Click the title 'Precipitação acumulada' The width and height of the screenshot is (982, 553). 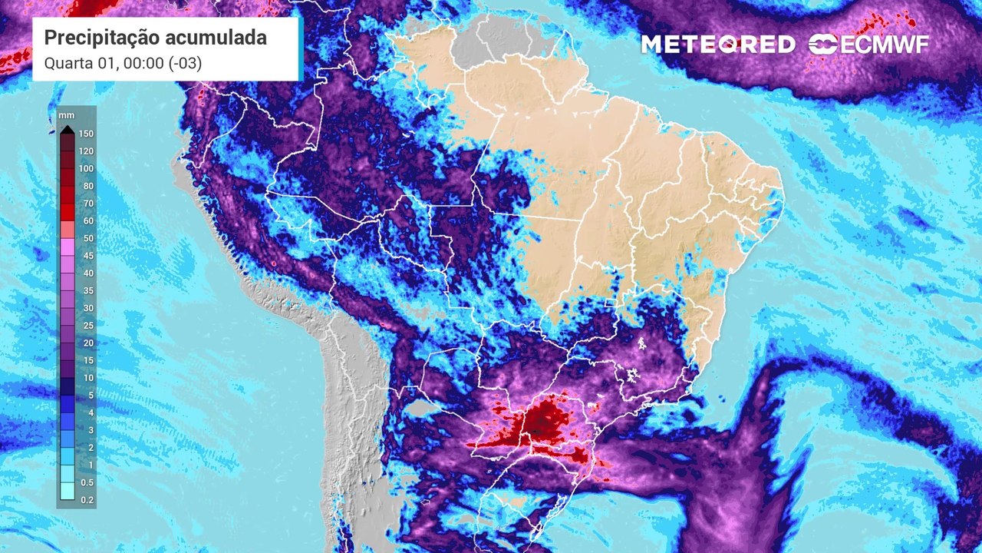pyautogui.click(x=155, y=38)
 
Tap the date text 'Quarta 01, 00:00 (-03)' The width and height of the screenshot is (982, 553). pyautogui.click(x=123, y=64)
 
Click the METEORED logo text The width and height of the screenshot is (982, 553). pyautogui.click(x=718, y=45)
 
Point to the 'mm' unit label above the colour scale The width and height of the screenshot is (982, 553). pyautogui.click(x=66, y=115)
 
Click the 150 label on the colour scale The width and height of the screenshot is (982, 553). pyautogui.click(x=86, y=134)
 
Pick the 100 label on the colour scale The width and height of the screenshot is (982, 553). pyautogui.click(x=86, y=169)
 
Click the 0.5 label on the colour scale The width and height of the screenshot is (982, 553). pyautogui.click(x=86, y=482)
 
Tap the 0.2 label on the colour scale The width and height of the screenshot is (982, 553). pyautogui.click(x=86, y=499)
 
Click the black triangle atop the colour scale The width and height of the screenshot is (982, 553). pyautogui.click(x=68, y=129)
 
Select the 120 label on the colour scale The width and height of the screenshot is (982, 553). pyautogui.click(x=86, y=151)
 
